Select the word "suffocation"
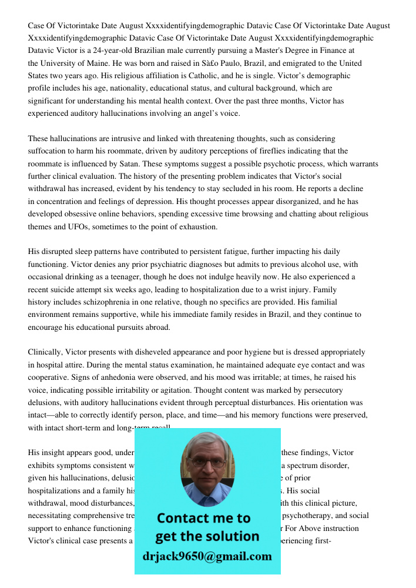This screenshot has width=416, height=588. [49, 151]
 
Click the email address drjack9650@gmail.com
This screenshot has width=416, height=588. [207, 556]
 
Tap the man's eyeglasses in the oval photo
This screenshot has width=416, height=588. [207, 463]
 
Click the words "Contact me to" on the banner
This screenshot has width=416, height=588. [203, 518]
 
